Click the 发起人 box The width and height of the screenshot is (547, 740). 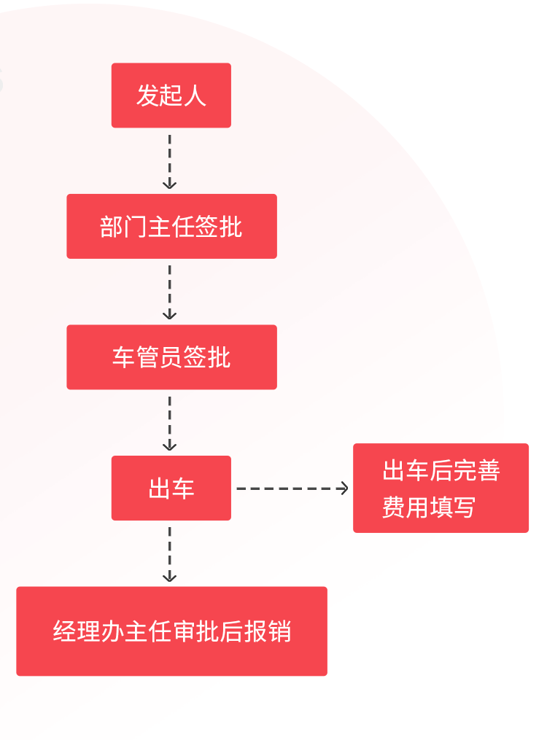click(171, 96)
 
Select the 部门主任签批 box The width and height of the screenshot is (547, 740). click(171, 226)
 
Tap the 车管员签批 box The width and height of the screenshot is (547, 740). click(171, 357)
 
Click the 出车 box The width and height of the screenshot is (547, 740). click(171, 488)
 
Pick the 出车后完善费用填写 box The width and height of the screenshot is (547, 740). click(441, 488)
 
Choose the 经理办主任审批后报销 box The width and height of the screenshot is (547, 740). click(171, 631)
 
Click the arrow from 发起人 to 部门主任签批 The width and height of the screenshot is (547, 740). click(169, 160)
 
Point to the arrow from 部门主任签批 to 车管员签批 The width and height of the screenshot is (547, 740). click(169, 292)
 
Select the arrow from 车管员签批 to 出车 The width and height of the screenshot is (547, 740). click(169, 423)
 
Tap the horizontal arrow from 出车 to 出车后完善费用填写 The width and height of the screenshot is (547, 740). click(292, 488)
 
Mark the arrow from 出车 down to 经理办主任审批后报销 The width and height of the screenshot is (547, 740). click(169, 553)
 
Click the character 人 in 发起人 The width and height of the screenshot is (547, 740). click(195, 96)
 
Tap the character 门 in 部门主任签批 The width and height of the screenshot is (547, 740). click(135, 227)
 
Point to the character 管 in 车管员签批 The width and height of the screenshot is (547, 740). click(147, 357)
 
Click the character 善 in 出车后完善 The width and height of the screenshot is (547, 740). click(488, 471)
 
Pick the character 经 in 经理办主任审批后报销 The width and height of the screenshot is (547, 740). click(65, 631)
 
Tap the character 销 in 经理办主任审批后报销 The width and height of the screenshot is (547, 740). click(279, 631)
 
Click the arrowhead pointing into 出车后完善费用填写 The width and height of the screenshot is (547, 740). click(344, 488)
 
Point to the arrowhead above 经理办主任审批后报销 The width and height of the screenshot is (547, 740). click(169, 577)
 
